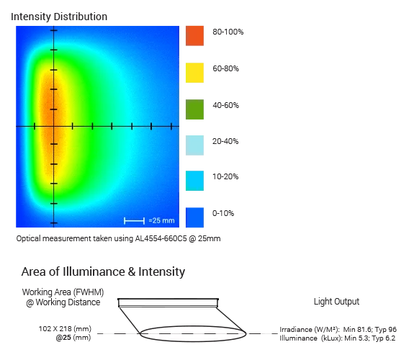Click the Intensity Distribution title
(x=59, y=15)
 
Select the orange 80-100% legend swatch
(x=194, y=36)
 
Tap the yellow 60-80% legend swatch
(x=194, y=72)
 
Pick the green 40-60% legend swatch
(x=194, y=109)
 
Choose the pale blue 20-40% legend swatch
(x=194, y=145)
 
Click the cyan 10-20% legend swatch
(x=194, y=181)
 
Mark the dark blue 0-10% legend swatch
(x=194, y=217)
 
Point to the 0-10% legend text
(x=223, y=213)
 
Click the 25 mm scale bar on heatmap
(x=135, y=220)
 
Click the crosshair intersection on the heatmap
(x=53, y=127)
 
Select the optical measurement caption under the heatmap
(x=118, y=238)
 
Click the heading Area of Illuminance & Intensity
(x=103, y=271)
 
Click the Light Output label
(x=336, y=301)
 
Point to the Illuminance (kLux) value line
(x=338, y=338)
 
